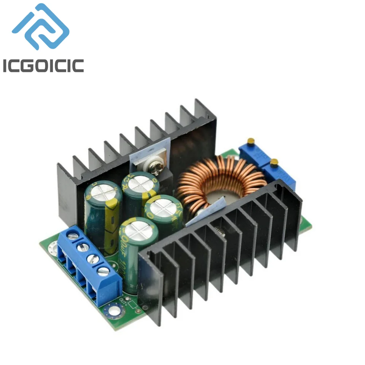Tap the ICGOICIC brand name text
pos(43,65)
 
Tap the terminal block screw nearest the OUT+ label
pos(103,271)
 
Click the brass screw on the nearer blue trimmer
pos(273,162)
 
